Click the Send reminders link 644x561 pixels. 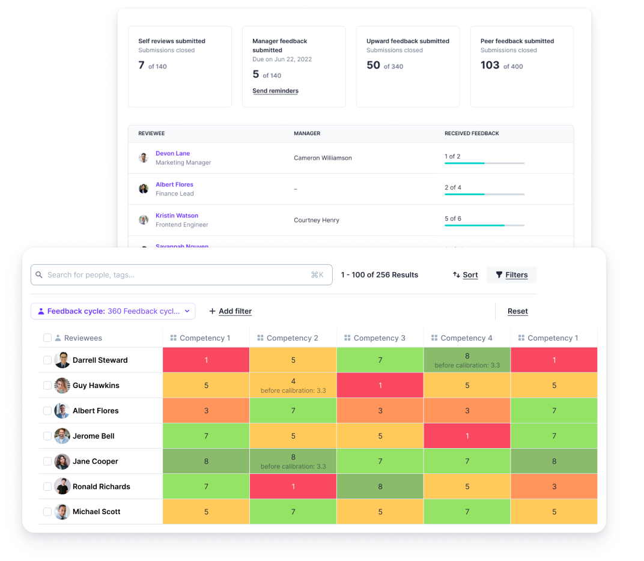(x=275, y=91)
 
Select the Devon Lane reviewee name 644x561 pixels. (x=172, y=154)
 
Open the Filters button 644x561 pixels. (x=511, y=275)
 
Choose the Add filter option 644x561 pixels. (x=230, y=311)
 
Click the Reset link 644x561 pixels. (x=517, y=311)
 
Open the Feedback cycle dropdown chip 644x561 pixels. (x=113, y=311)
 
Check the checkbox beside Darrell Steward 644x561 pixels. (x=47, y=360)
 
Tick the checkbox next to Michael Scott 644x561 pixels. (x=47, y=512)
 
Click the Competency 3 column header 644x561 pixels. (x=379, y=338)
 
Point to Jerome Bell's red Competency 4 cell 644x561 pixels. (x=467, y=436)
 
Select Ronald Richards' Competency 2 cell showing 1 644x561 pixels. (x=293, y=487)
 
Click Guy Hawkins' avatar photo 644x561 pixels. (x=62, y=386)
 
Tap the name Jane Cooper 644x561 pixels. (x=95, y=461)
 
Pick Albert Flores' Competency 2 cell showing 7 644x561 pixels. (x=293, y=411)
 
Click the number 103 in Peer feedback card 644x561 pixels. (x=490, y=65)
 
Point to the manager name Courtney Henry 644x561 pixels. (x=316, y=220)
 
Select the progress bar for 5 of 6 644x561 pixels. (x=484, y=225)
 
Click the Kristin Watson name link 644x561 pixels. (x=177, y=216)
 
